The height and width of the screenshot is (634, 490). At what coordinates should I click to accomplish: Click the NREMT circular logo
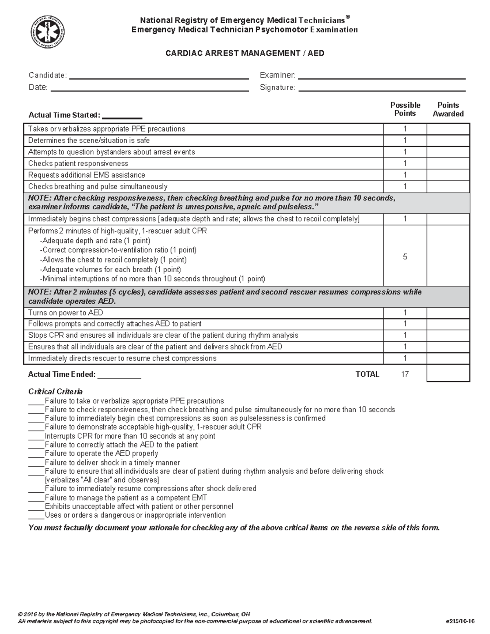48,32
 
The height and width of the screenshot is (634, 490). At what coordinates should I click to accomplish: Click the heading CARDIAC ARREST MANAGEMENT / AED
245,53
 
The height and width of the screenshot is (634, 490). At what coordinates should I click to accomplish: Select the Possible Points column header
405,109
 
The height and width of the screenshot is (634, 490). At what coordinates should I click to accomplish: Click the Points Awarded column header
448,109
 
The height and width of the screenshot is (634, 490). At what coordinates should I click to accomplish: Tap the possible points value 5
405,257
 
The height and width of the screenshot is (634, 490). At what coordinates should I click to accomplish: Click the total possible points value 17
405,374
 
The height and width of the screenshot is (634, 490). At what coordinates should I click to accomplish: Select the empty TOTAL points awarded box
448,373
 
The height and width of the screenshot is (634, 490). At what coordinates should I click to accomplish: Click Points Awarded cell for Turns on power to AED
448,313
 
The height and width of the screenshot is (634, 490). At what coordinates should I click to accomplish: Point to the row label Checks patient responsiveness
78,164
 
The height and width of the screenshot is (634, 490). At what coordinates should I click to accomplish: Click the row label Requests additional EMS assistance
87,175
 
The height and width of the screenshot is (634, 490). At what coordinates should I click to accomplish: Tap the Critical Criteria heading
56,392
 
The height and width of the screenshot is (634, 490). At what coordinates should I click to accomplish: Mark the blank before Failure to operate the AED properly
36,455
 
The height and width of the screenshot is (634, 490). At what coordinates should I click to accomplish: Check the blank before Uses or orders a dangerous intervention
36,516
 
